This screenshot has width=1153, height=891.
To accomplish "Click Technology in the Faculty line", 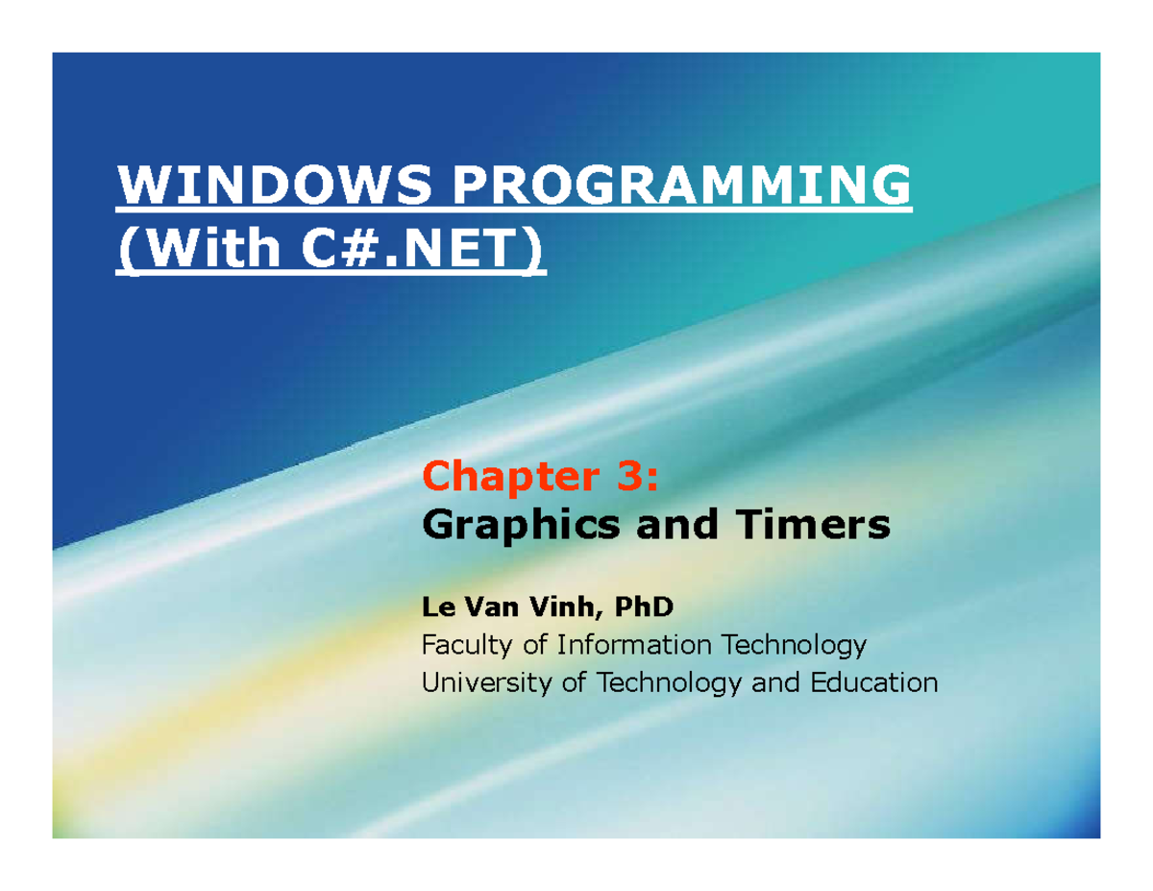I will pos(796,644).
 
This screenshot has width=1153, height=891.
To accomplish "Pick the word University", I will pos(479,683).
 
